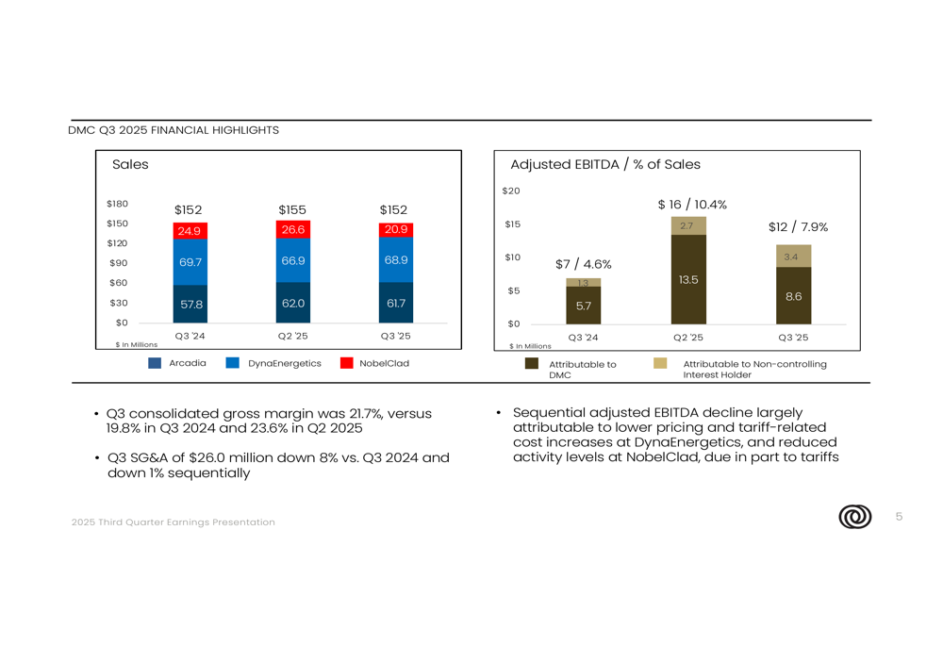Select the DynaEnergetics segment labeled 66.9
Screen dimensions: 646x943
[x=292, y=260]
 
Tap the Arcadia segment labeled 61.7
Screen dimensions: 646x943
[x=395, y=303]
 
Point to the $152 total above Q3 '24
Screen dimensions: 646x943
[x=189, y=209]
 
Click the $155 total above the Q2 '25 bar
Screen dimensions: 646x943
[x=292, y=209]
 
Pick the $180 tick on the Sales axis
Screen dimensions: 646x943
[x=117, y=204]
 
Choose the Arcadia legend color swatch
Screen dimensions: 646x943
[x=155, y=363]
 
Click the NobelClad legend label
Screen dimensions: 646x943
[x=384, y=363]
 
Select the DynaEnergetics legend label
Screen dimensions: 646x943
[x=285, y=363]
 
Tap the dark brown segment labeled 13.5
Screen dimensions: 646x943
[x=688, y=280]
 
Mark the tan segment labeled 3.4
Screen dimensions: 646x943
[x=793, y=257]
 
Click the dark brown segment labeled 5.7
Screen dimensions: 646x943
[x=584, y=306]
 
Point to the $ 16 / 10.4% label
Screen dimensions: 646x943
[x=692, y=205]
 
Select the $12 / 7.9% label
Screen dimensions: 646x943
[x=798, y=227]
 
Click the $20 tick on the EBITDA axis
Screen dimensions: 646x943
[x=510, y=191]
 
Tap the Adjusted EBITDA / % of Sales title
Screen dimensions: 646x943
[x=605, y=164]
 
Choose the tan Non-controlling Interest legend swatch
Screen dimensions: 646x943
[x=660, y=363]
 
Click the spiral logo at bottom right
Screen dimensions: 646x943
[x=854, y=517]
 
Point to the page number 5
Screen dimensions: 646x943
[x=899, y=516]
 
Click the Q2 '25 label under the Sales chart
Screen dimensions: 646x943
[x=292, y=336]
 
